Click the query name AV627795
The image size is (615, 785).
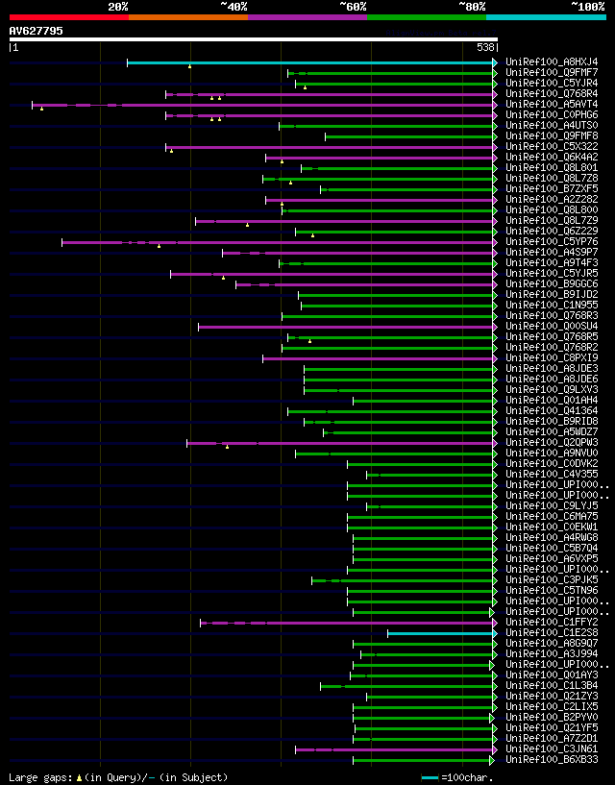click(36, 31)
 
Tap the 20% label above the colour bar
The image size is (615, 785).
click(118, 7)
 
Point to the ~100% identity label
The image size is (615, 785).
click(587, 7)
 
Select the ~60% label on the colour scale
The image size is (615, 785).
click(353, 7)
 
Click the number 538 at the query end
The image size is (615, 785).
click(486, 47)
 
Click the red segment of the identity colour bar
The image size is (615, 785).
click(68, 16)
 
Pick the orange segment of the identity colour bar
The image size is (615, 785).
click(187, 16)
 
